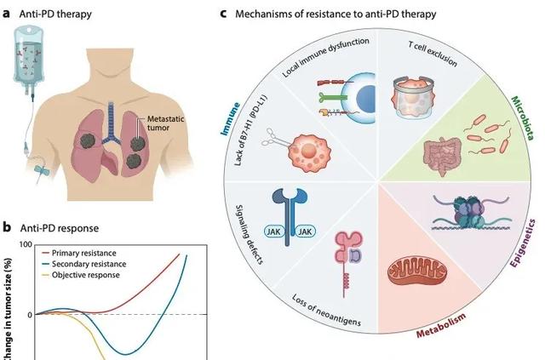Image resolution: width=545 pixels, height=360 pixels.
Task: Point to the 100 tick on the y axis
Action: coord(26,245)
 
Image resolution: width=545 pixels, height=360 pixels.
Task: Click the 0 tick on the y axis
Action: coord(28,315)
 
